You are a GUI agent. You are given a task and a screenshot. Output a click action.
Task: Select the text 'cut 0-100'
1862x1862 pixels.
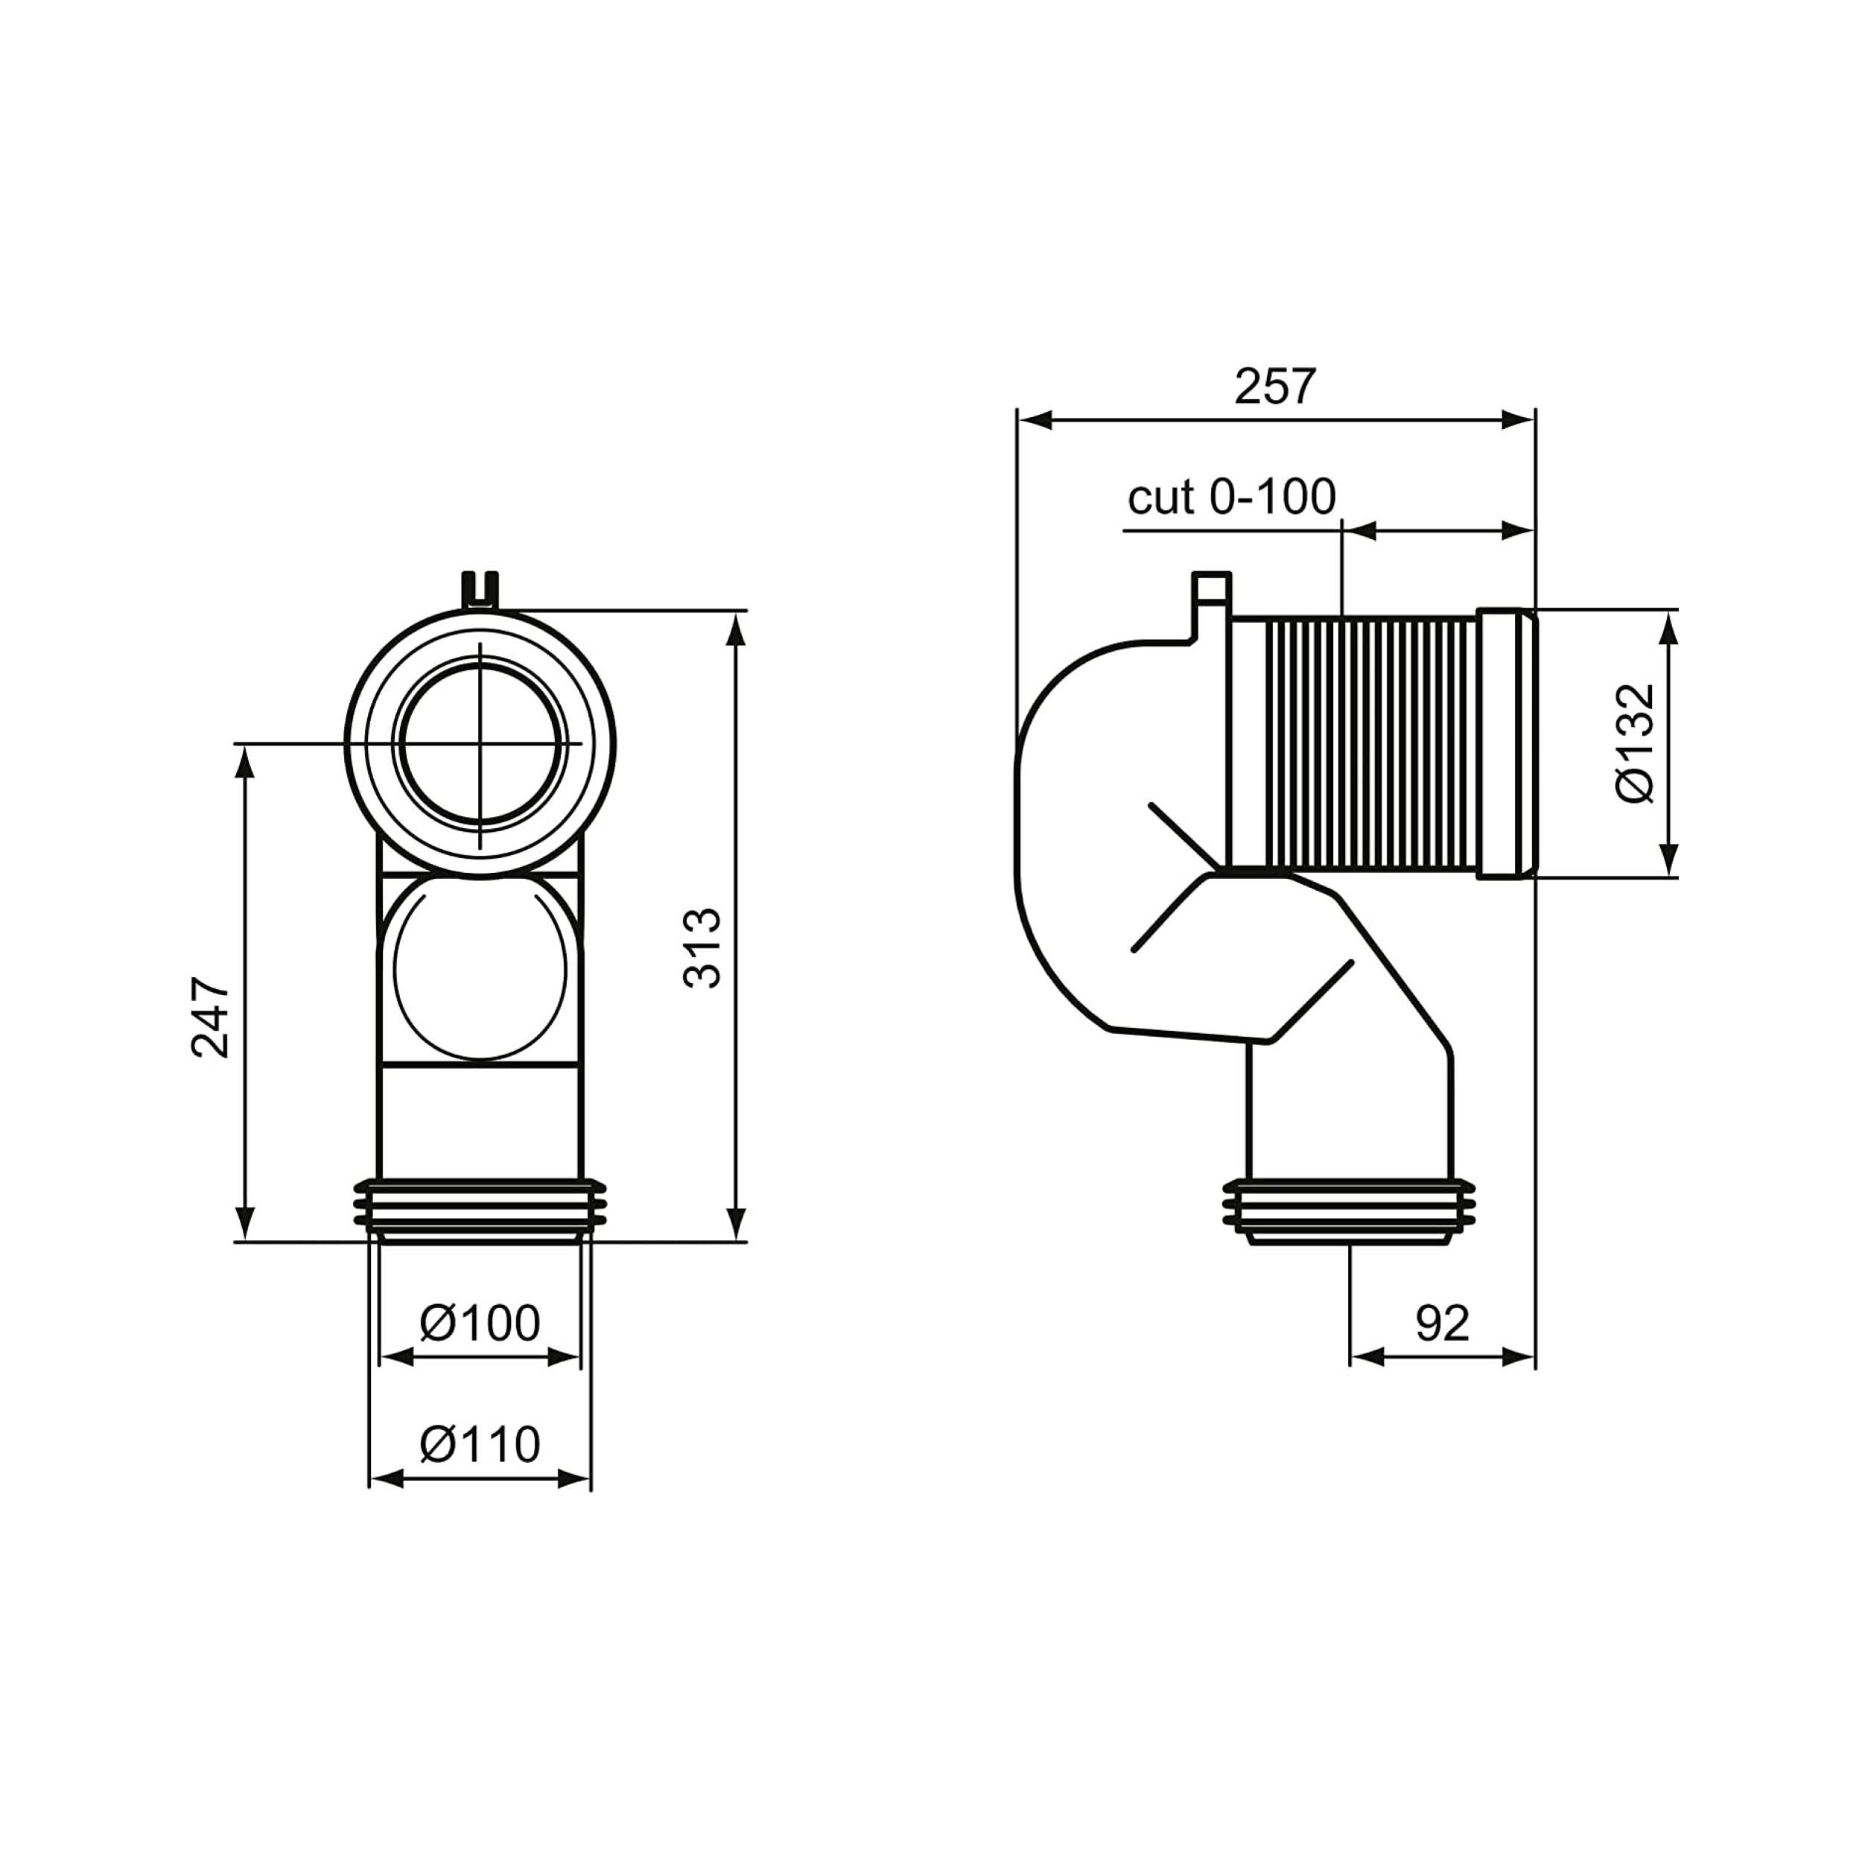point(1232,498)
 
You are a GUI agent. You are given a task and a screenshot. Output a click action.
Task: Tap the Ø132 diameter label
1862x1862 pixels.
point(1636,743)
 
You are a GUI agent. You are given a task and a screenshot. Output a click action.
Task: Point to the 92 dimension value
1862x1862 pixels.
point(1442,1324)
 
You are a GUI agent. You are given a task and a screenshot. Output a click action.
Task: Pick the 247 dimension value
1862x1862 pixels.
point(211,1019)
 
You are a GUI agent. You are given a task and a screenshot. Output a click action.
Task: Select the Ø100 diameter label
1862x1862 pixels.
point(480,1324)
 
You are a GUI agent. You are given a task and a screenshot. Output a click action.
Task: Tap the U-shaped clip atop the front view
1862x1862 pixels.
point(480,589)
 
